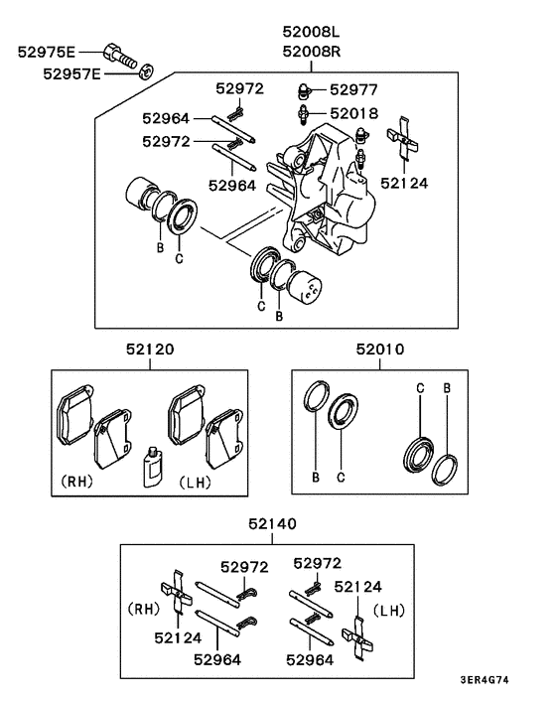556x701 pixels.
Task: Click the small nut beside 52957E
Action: coord(143,70)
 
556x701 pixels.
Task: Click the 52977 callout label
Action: coord(355,89)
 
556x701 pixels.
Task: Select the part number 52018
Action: coord(355,113)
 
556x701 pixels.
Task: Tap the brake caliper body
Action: coord(328,194)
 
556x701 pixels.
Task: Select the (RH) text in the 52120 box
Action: coord(77,482)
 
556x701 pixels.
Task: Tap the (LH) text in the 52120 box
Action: coord(195,482)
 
